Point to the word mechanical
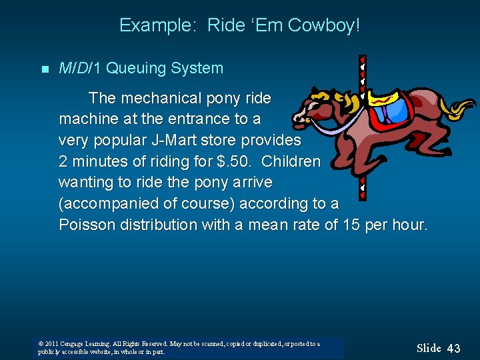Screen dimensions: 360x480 click(155, 99)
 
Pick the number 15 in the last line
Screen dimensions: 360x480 click(351, 225)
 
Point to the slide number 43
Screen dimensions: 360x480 click(453, 348)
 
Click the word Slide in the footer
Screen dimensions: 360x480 click(429, 348)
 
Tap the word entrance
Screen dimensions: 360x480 click(195, 120)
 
